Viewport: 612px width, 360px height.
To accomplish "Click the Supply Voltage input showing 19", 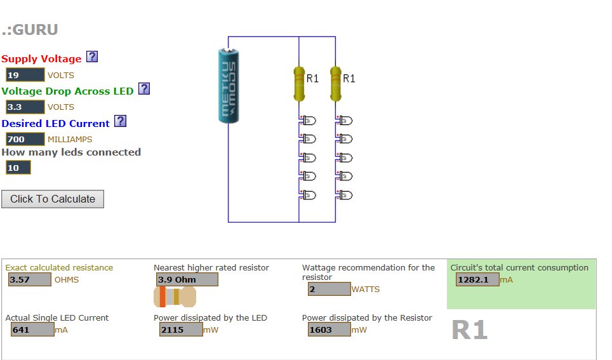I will [x=25, y=75].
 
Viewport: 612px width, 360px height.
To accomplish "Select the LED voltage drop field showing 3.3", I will [x=25, y=107].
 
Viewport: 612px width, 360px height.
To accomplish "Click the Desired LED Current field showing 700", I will [x=25, y=139].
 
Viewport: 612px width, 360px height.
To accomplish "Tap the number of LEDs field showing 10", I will [x=18, y=168].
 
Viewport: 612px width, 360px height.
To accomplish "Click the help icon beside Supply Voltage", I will [x=92, y=57].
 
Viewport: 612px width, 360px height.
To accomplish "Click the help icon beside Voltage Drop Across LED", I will [x=144, y=89].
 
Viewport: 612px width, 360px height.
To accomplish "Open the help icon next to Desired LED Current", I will [x=120, y=121].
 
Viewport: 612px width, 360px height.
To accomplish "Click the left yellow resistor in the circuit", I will [x=298, y=83].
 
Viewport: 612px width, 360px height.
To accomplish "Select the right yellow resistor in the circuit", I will [x=335, y=83].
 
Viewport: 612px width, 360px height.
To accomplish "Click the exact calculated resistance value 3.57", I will [x=29, y=279].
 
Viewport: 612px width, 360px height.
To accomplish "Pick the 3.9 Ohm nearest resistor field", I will [x=187, y=279].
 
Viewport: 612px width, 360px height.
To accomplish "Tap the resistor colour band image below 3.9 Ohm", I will [x=175, y=297].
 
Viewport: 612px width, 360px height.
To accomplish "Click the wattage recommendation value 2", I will [x=329, y=289].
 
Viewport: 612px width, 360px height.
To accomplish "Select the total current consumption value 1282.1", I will [x=477, y=279].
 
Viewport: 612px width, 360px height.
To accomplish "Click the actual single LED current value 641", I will [x=32, y=330].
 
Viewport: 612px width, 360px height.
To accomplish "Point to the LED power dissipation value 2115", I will [x=181, y=330].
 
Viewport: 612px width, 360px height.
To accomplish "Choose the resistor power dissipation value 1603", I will [x=329, y=330].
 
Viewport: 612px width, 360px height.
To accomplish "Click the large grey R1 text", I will [x=470, y=330].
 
